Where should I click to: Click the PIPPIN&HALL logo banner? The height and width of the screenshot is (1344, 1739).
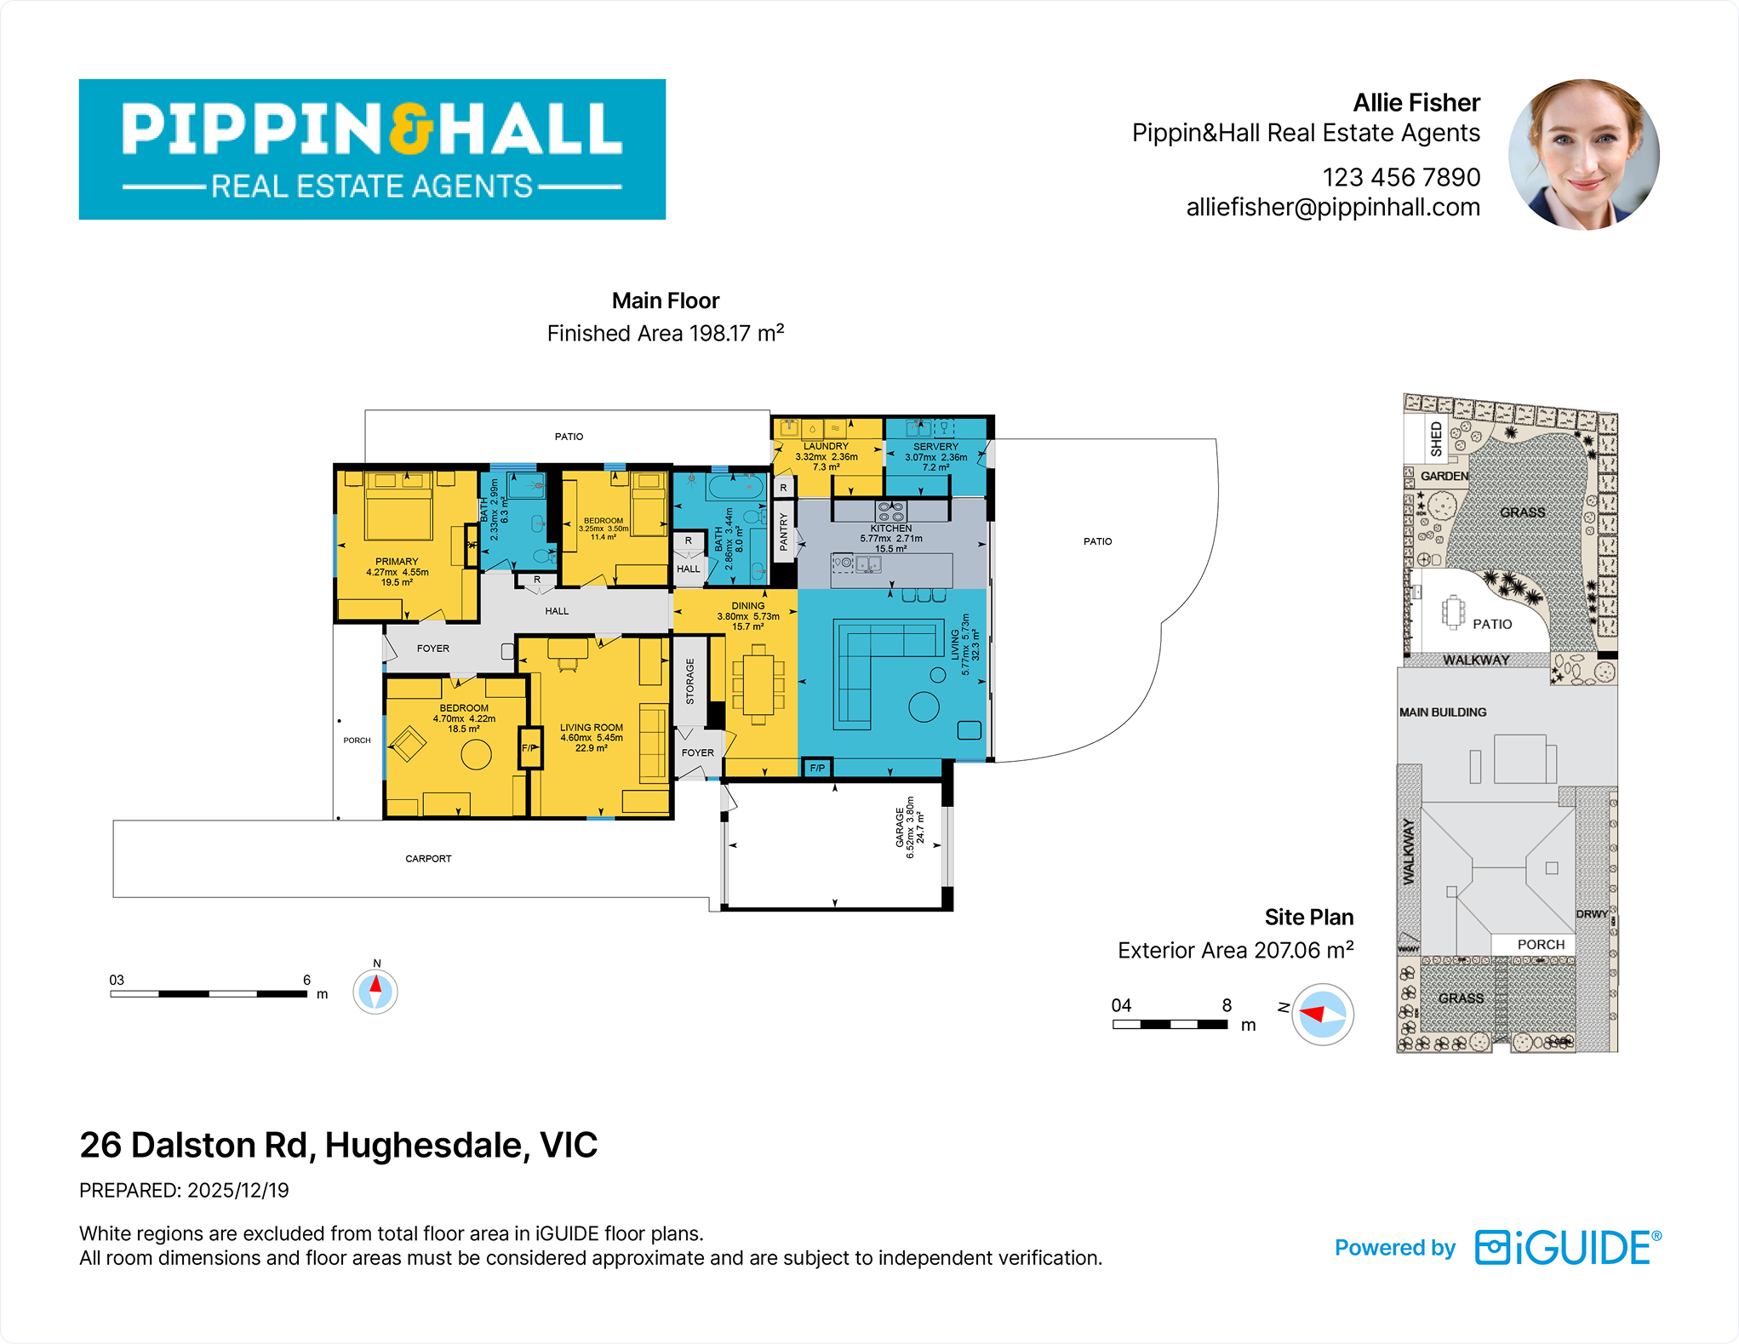pyautogui.click(x=372, y=150)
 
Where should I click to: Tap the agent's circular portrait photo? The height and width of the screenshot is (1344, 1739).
pyautogui.click(x=1583, y=155)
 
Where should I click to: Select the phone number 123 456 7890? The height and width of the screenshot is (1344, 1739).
pyautogui.click(x=1401, y=177)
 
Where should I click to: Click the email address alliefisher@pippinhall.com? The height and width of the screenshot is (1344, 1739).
pyautogui.click(x=1333, y=207)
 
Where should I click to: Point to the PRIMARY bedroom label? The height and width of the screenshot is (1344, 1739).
pyautogui.click(x=397, y=562)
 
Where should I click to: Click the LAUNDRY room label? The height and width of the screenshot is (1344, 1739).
pyautogui.click(x=826, y=446)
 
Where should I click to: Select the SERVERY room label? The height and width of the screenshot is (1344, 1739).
pyautogui.click(x=935, y=446)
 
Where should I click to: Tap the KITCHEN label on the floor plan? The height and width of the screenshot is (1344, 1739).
pyautogui.click(x=890, y=529)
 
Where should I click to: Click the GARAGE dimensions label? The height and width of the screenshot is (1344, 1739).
pyautogui.click(x=909, y=828)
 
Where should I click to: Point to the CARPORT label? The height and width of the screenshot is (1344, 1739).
pyautogui.click(x=428, y=859)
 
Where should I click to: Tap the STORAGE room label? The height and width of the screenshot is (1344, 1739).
pyautogui.click(x=690, y=681)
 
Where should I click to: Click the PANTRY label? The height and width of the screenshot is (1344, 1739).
pyautogui.click(x=784, y=532)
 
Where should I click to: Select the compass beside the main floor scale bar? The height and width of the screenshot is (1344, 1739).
pyautogui.click(x=375, y=992)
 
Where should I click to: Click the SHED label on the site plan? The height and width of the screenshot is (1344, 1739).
pyautogui.click(x=1437, y=438)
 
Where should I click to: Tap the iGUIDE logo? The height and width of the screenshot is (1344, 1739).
pyautogui.click(x=1568, y=1248)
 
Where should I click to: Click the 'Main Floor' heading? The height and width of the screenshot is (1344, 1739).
pyautogui.click(x=666, y=300)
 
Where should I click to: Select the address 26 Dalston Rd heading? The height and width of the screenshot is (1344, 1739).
pyautogui.click(x=339, y=1145)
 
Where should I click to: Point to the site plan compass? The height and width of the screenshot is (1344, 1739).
pyautogui.click(x=1322, y=1014)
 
